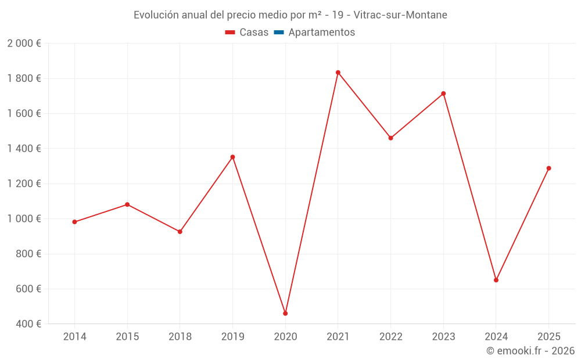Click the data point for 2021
pyautogui.click(x=338, y=73)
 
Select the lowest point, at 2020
pyautogui.click(x=285, y=314)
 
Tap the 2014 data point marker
pyautogui.click(x=74, y=222)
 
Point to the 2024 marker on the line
pyautogui.click(x=496, y=280)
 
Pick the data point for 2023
pyautogui.click(x=443, y=94)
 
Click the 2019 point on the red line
pyautogui.click(x=232, y=157)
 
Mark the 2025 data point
pyautogui.click(x=548, y=168)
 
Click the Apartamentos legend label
pyautogui.click(x=321, y=33)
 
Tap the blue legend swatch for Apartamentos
pyautogui.click(x=278, y=33)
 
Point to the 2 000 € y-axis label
pyautogui.click(x=24, y=44)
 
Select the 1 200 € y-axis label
pyautogui.click(x=24, y=184)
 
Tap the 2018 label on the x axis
pyautogui.click(x=180, y=336)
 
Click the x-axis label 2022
pyautogui.click(x=390, y=336)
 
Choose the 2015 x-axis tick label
pyautogui.click(x=127, y=336)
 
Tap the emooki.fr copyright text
pyautogui.click(x=530, y=351)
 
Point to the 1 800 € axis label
pyautogui.click(x=24, y=78)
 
